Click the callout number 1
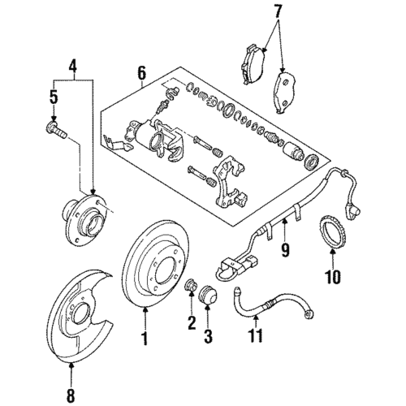click(146, 335)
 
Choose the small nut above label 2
click(191, 287)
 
